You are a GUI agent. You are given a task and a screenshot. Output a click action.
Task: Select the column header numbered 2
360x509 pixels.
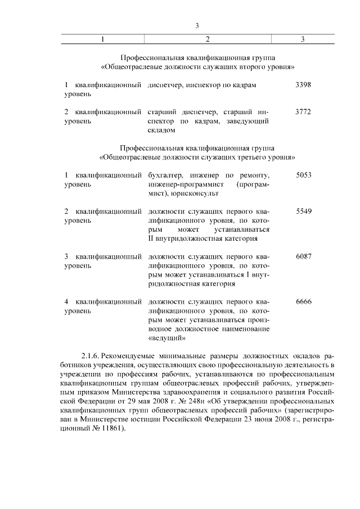tap(208, 39)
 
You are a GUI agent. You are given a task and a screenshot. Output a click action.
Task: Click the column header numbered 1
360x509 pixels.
tap(102, 39)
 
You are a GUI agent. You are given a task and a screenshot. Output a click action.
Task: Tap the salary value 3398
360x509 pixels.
tap(303, 84)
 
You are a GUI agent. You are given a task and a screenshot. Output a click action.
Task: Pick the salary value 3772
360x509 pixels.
tap(303, 111)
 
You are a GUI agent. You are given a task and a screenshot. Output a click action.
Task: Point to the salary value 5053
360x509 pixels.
tap(303, 175)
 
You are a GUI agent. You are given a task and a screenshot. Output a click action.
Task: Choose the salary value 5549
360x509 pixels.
tap(303, 211)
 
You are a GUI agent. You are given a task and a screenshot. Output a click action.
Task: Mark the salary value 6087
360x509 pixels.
tap(303, 256)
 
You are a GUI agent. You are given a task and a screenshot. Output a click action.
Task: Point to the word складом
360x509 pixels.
tap(161, 130)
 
